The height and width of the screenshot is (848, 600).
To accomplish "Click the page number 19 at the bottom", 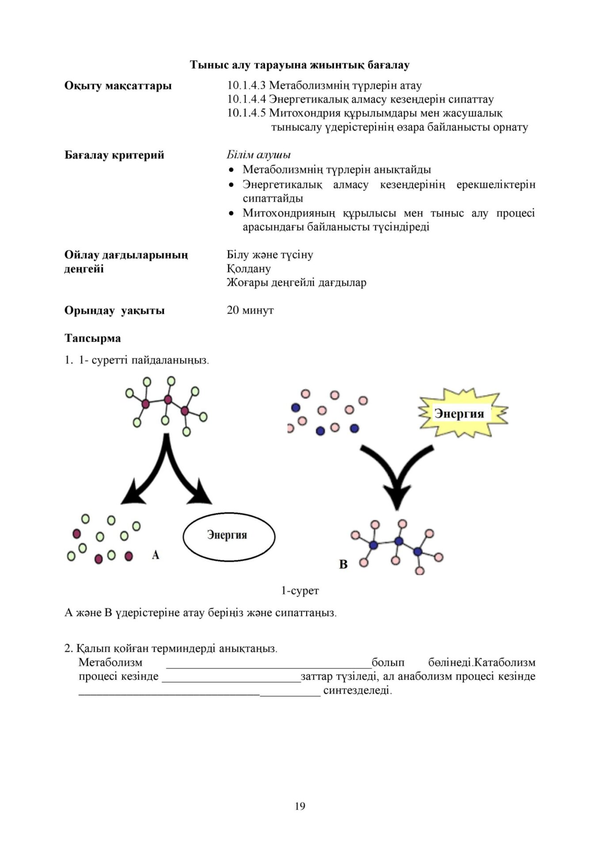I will click(x=300, y=806).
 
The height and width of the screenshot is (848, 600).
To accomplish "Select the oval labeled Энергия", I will click(x=228, y=535).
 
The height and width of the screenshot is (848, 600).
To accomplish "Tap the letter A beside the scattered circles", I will click(x=156, y=555).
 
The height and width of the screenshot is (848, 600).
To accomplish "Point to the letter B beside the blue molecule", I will click(x=343, y=564).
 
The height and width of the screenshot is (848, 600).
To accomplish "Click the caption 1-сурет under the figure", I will click(x=300, y=590).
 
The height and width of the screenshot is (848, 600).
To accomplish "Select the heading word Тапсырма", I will click(x=93, y=338).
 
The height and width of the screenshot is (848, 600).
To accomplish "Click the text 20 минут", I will click(x=250, y=310).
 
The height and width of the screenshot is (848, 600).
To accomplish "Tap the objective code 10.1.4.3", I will click(x=247, y=85).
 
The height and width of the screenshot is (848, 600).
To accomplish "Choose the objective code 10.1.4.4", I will click(x=247, y=99).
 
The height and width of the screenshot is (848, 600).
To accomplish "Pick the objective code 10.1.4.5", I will click(x=247, y=113).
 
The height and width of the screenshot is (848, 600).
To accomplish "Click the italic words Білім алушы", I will click(x=258, y=155).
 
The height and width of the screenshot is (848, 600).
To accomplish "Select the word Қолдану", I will click(x=249, y=269).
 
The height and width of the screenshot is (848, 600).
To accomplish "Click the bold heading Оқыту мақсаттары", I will click(x=118, y=85).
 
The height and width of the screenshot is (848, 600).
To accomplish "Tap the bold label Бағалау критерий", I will click(x=114, y=155).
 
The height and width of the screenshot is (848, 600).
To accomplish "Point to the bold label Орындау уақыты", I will click(x=114, y=310).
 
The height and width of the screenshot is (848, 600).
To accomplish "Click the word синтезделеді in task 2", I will click(x=357, y=690).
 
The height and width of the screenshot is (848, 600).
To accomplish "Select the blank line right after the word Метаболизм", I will click(x=269, y=663).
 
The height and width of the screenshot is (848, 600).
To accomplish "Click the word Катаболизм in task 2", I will click(x=505, y=662).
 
